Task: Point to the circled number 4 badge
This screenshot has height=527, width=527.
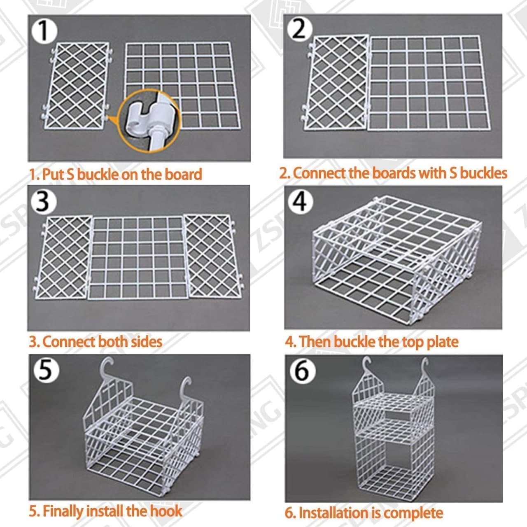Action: [x=300, y=202]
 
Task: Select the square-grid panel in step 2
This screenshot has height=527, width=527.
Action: [x=428, y=82]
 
